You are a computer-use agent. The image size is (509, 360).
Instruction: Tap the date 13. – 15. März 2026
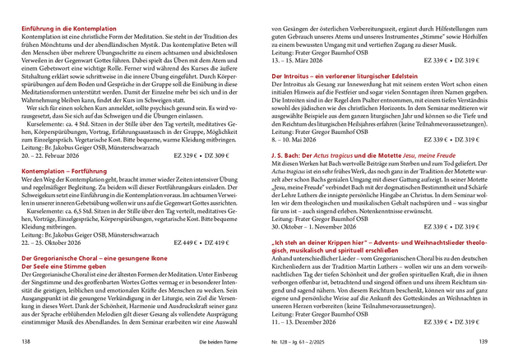tap(297, 60)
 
